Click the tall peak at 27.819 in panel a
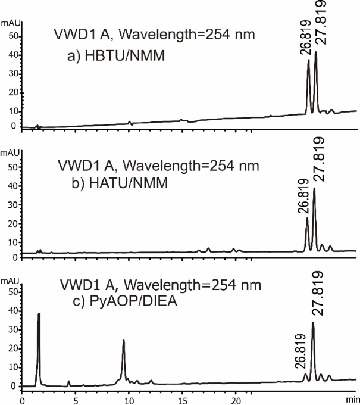click(x=316, y=54)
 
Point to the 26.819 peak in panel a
click(x=308, y=61)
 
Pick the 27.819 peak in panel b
click(x=314, y=190)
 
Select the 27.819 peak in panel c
click(x=313, y=325)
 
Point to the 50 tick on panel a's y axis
click(x=11, y=36)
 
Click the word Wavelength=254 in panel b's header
click(x=161, y=165)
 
